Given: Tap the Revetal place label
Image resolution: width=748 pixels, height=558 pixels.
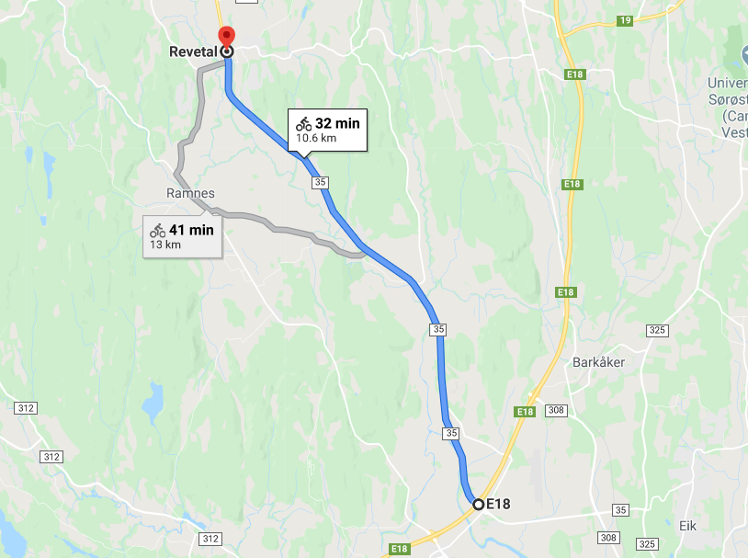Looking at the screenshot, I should pos(193,52).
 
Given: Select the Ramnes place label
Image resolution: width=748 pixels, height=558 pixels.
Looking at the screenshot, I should pos(191,193).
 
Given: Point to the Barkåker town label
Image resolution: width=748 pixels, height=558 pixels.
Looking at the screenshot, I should pos(598,362).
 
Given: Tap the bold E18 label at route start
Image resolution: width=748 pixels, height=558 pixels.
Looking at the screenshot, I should pos(498,504).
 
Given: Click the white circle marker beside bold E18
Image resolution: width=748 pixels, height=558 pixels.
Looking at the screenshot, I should pos(478,504).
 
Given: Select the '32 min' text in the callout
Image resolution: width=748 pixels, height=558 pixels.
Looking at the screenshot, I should pos(337,124).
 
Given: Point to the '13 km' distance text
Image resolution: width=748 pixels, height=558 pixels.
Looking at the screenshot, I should pos(165,245).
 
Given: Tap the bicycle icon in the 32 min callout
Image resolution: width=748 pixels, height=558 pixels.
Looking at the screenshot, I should pos(304,124).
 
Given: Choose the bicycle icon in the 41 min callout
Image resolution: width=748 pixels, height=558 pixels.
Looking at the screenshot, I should pos(158,230).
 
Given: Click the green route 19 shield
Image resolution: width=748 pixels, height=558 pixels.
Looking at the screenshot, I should pos(625,20).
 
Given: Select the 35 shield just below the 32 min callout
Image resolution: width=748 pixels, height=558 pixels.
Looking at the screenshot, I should pos(320,182).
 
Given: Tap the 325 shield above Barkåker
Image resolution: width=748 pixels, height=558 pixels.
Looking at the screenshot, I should pos(655,329).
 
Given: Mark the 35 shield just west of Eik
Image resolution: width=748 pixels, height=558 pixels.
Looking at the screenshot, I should pos(621,510).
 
